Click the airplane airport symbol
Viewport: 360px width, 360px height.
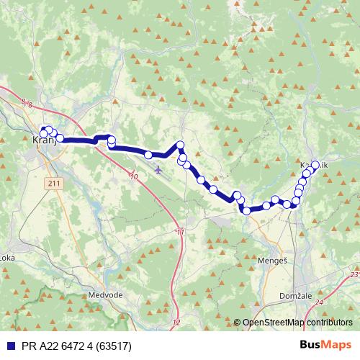click(x=158, y=171)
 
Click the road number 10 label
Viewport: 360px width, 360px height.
click(x=134, y=176)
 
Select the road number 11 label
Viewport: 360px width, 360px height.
click(x=179, y=232)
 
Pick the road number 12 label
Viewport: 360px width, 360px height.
click(x=176, y=322)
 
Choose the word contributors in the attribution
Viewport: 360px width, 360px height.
click(x=330, y=323)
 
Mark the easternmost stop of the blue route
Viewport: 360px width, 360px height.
click(x=315, y=165)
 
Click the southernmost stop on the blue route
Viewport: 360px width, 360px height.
click(x=246, y=210)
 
